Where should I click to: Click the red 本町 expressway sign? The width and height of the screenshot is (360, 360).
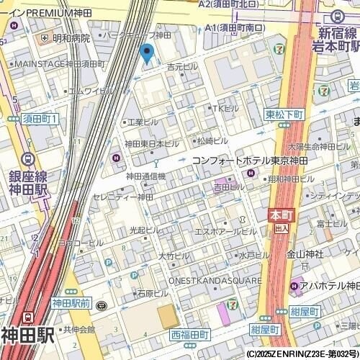click(x=279, y=215)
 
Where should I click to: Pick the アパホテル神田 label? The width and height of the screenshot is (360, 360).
click(x=328, y=287)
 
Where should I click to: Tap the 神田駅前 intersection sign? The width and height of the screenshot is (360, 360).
click(x=71, y=303)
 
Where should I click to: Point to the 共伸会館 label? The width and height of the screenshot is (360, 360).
click(x=78, y=329)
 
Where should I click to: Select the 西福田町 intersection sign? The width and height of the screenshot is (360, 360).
click(x=189, y=335)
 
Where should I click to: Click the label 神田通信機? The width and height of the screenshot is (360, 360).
click(x=146, y=176)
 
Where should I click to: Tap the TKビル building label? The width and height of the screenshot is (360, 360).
click(x=224, y=108)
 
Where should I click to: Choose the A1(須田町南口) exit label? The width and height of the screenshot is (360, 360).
click(x=235, y=27)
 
